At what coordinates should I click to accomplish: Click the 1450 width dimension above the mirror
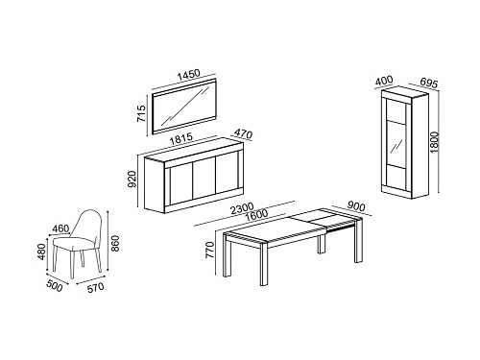pos(189,75)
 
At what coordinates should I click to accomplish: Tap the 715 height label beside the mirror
pos(141,113)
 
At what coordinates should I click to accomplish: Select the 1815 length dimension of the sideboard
pos(181,139)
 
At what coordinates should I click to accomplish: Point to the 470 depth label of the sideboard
pos(244,133)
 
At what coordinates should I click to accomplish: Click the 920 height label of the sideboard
pos(132,180)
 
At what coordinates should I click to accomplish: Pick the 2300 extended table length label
pos(242,208)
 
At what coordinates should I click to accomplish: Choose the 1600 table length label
pos(255,215)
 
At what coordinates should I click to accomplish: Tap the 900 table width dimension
pos(356,206)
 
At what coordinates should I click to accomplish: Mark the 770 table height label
pos(209,250)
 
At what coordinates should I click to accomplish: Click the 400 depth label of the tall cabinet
pos(384,81)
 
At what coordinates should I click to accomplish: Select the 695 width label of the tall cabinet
pos(428,83)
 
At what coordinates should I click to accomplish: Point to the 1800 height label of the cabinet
pos(434,142)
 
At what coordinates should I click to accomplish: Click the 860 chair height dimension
pos(115,244)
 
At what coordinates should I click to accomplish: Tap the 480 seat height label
pos(42,252)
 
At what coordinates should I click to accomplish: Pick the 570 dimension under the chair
pos(96,288)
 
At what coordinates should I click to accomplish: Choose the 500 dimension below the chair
pos(55,286)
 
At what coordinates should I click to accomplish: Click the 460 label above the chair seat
pos(60,228)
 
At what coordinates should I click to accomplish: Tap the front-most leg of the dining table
pos(263,264)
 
